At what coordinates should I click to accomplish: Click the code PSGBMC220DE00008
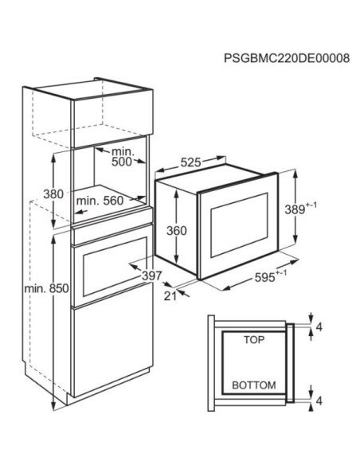point(287,58)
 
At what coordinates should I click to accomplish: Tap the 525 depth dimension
point(191,162)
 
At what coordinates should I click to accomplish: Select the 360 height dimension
point(177,230)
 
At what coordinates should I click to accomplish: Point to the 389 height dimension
point(300,209)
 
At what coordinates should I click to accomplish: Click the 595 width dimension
point(271,276)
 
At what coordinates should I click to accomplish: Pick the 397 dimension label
point(152,275)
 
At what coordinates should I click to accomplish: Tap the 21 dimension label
point(170,295)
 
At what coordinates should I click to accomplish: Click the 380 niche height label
point(53,194)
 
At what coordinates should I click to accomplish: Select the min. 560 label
point(100,201)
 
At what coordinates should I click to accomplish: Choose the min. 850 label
point(46,288)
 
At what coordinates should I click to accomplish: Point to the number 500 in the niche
point(121,162)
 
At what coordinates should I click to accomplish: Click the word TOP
point(254,339)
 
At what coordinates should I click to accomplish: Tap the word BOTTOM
point(254,385)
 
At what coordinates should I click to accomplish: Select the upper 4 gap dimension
point(319,327)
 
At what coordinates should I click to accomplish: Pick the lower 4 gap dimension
point(319,401)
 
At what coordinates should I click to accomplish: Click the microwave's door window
point(239,225)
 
